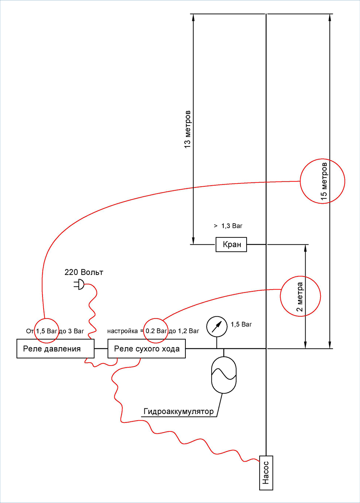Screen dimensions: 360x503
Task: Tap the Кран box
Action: [x=231, y=244]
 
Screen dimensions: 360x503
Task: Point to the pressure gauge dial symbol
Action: [x=217, y=327]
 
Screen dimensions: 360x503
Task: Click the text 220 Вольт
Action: [x=84, y=272]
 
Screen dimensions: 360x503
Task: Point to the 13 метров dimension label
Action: [x=187, y=129]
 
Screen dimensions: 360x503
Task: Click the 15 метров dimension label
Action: [x=324, y=181]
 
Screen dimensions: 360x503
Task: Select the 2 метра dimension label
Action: [x=300, y=297]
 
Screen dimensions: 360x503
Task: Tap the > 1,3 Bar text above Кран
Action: [x=228, y=226]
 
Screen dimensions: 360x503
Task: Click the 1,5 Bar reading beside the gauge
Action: [x=241, y=324]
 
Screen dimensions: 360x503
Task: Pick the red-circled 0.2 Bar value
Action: [x=156, y=331]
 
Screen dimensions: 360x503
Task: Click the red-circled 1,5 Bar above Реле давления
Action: [x=46, y=331]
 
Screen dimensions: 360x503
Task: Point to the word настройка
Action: [x=122, y=331]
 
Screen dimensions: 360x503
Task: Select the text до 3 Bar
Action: [x=71, y=331]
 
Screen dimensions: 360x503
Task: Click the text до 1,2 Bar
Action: [x=184, y=331]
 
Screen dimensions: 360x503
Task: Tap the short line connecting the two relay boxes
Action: [x=101, y=349]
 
